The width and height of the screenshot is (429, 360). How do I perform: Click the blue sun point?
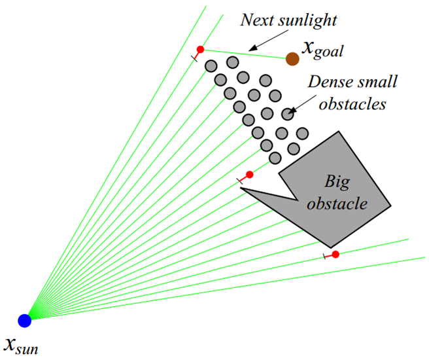click(x=25, y=320)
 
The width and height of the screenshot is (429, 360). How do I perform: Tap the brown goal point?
click(x=292, y=59)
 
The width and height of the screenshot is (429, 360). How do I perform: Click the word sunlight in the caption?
click(x=307, y=20)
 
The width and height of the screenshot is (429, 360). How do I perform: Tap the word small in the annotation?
click(x=379, y=83)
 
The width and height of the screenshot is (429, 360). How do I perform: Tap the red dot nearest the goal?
click(x=200, y=50)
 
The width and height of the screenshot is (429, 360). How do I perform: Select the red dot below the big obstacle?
click(x=335, y=254)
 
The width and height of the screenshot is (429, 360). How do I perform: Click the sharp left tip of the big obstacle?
click(x=242, y=189)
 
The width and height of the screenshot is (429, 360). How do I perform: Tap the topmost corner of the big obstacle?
click(x=339, y=132)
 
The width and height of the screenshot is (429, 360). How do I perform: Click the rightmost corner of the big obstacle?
click(x=391, y=207)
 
